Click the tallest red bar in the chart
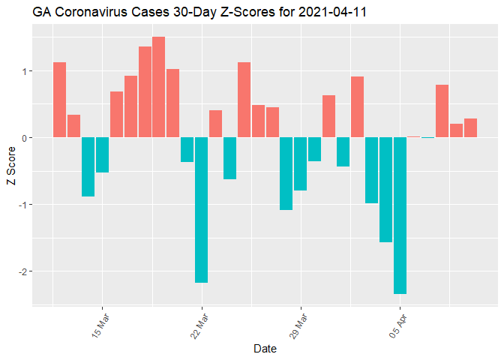(158, 87)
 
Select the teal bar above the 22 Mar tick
(201, 210)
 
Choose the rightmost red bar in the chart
(470, 128)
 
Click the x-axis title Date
(265, 349)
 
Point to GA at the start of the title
(41, 13)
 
